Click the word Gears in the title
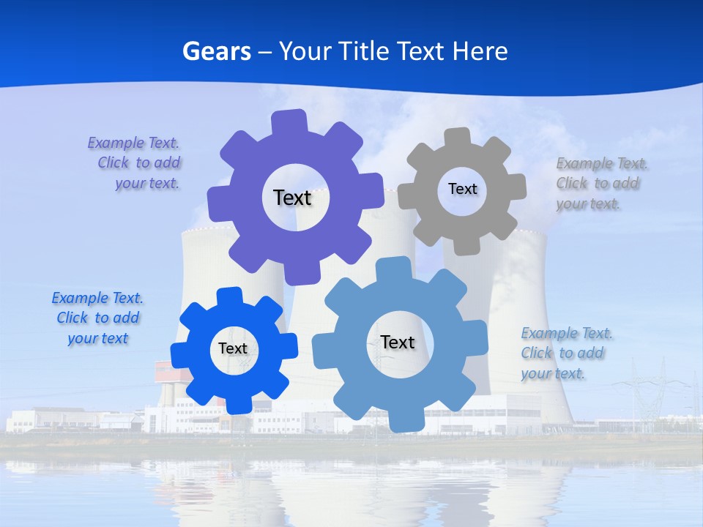pyautogui.click(x=216, y=52)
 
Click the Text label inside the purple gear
pyautogui.click(x=292, y=198)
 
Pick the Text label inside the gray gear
pyautogui.click(x=462, y=189)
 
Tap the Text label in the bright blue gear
pyautogui.click(x=233, y=348)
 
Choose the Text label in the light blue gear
pyautogui.click(x=398, y=342)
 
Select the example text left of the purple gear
pyautogui.click(x=135, y=163)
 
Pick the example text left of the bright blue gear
pyautogui.click(x=97, y=318)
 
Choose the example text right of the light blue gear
pyautogui.click(x=567, y=353)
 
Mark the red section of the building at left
pyautogui.click(x=165, y=371)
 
